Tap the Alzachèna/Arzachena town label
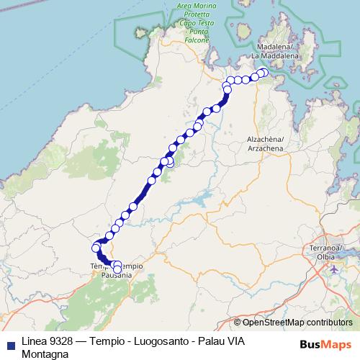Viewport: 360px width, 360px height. click(267, 143)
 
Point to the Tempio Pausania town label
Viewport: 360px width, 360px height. click(117, 271)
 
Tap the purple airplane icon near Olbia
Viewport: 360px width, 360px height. click(333, 269)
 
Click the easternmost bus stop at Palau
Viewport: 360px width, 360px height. click(264, 73)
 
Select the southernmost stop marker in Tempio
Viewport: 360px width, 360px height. click(117, 269)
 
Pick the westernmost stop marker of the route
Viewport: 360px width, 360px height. click(96, 248)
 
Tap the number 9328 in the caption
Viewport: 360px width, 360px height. click(63, 341)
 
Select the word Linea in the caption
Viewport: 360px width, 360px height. click(35, 341)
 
